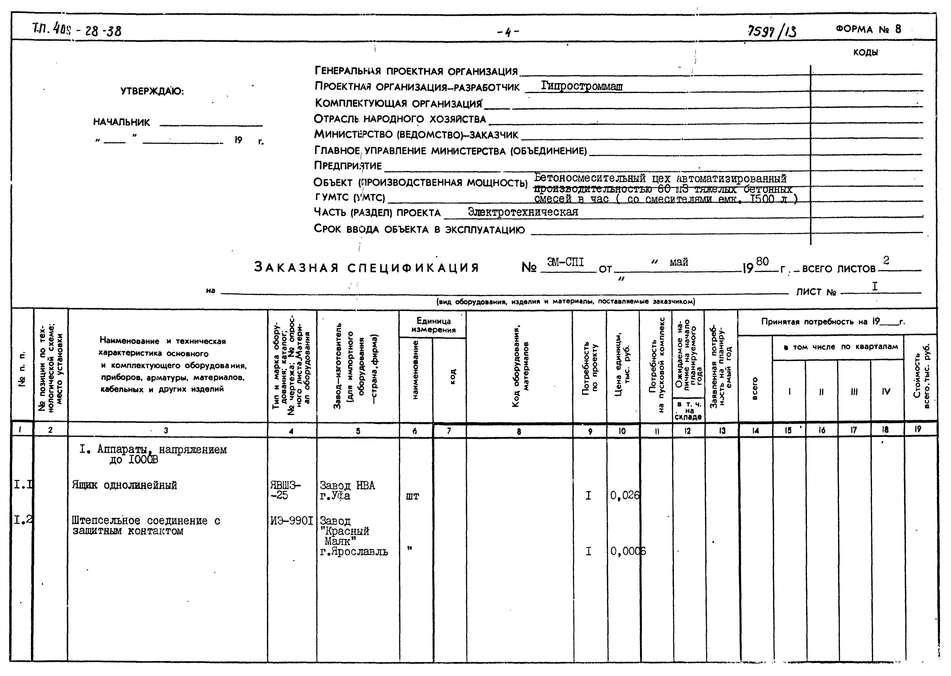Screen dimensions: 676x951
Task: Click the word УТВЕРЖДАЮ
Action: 152,91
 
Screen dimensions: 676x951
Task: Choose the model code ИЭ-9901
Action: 291,521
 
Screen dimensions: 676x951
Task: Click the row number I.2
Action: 23,520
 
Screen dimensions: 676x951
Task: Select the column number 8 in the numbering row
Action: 519,431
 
